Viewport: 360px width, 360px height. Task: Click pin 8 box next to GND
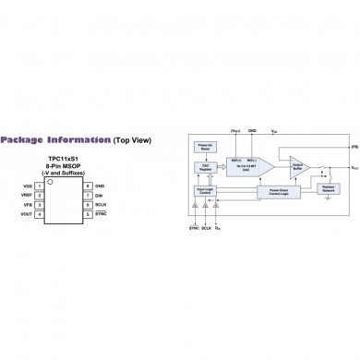pos(82,186)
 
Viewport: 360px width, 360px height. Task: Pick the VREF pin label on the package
pos(27,196)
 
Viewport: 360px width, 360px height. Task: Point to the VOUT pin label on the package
pos(27,214)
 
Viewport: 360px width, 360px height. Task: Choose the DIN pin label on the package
pos(99,196)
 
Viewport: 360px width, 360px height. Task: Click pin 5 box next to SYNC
pos(82,214)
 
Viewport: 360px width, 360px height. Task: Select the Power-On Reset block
pos(207,150)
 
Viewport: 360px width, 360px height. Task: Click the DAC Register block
pos(205,168)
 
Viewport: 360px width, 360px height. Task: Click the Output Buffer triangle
pos(299,167)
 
